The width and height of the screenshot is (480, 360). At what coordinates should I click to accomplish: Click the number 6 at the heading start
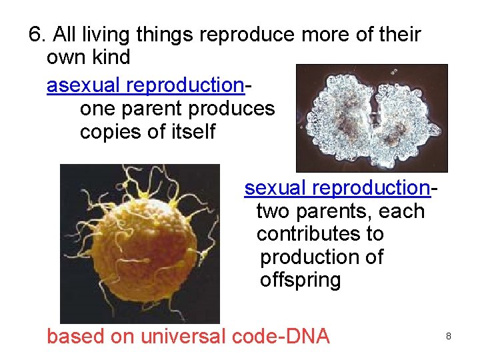(x=36, y=35)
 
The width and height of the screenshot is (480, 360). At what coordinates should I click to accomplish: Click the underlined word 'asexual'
(x=84, y=86)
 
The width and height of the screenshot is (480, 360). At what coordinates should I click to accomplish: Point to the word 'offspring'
(x=300, y=279)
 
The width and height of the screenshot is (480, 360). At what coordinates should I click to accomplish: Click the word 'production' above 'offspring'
(x=322, y=257)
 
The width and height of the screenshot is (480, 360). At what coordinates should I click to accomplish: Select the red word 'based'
(x=75, y=336)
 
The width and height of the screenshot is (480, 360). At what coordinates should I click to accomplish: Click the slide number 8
(x=449, y=337)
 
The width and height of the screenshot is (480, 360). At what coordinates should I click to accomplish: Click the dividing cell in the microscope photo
(x=372, y=119)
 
